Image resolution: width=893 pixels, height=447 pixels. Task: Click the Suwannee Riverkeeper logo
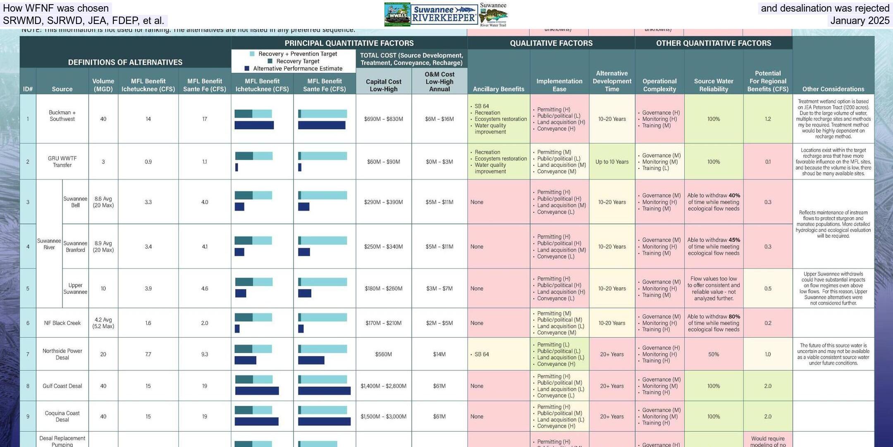point(444,14)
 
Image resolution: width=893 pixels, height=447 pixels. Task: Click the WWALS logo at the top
point(397,14)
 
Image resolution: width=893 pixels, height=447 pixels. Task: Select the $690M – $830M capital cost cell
point(383,119)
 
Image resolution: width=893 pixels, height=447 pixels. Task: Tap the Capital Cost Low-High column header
point(383,85)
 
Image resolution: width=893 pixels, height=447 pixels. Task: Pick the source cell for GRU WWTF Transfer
point(62,161)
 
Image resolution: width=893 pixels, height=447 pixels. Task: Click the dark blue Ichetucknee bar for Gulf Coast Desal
point(257,391)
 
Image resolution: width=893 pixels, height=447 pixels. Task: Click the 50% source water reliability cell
point(713,354)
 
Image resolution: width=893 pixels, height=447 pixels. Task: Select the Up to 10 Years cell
point(611,162)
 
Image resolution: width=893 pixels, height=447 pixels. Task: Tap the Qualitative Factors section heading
point(551,43)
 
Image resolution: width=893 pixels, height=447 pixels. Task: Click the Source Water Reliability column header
point(713,85)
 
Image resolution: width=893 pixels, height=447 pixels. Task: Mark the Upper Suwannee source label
point(75,288)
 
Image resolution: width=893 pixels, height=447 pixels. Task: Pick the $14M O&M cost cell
point(439,354)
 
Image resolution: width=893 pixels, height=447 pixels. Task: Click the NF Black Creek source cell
point(62,323)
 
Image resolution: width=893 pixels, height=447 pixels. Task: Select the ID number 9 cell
point(28,416)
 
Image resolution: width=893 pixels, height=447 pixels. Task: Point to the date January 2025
point(860,21)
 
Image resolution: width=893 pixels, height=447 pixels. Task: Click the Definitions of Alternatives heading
point(125,62)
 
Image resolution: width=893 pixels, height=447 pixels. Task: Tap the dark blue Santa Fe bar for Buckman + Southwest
point(322,125)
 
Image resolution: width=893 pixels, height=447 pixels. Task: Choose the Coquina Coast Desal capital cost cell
point(383,416)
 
